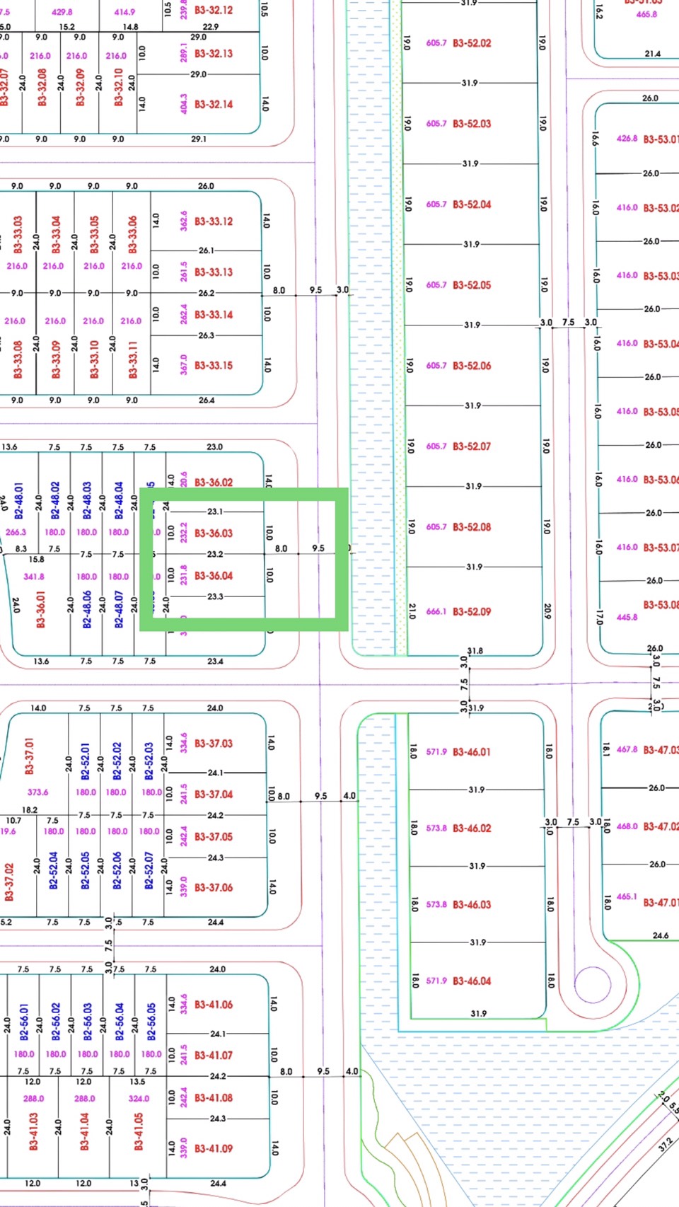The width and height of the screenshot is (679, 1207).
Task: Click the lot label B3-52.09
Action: point(472,611)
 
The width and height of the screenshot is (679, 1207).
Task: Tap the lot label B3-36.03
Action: point(214,533)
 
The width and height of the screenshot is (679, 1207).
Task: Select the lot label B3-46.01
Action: point(472,752)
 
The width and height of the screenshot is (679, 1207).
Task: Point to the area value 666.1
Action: point(436,612)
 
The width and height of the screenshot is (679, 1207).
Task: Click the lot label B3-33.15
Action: point(214,366)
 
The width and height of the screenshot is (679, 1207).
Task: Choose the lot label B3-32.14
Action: point(214,104)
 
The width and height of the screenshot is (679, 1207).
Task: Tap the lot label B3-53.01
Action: point(660,139)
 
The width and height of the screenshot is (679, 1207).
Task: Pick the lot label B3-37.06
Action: point(214,888)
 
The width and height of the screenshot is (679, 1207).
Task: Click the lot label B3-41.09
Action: point(214,1149)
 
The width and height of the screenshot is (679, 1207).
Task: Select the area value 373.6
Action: point(38,792)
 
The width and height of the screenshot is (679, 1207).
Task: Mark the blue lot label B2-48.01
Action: point(18,501)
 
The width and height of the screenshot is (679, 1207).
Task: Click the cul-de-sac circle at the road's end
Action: point(592,984)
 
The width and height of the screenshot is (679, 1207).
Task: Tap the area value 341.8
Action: point(34,577)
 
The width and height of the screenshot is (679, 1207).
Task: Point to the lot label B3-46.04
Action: point(472,981)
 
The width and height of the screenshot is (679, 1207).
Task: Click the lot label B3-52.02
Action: point(472,43)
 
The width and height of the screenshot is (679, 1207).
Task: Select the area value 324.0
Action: point(139,1099)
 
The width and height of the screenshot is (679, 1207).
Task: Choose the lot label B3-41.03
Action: point(34,1131)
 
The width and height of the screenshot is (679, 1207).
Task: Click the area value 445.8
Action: point(627,617)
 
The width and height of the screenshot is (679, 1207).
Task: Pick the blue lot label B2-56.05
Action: point(151,1021)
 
